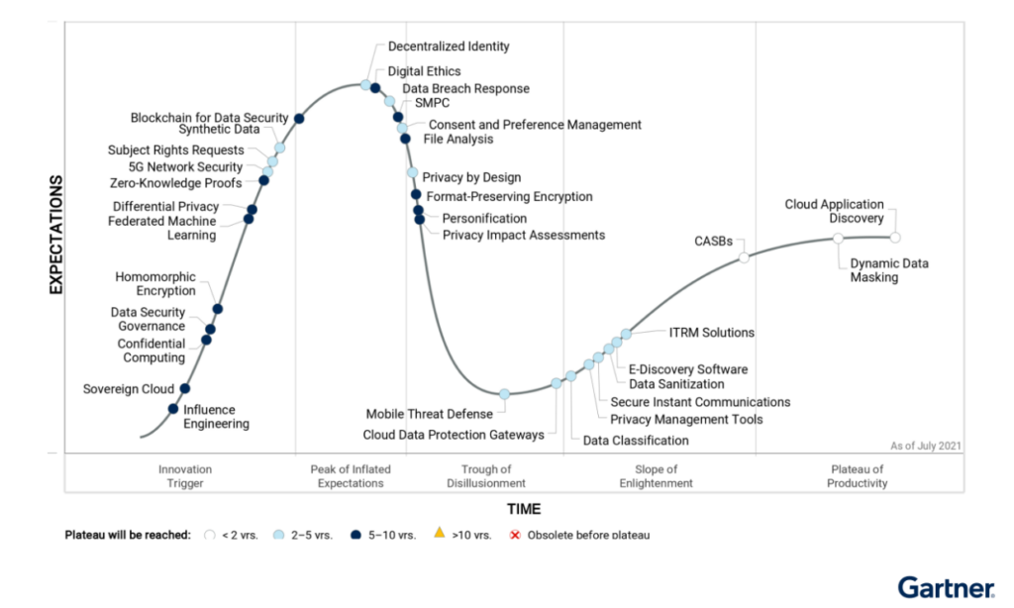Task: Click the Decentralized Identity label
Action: tap(449, 47)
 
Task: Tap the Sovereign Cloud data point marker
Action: tap(185, 389)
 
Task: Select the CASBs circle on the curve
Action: tap(744, 258)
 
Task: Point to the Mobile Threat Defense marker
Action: tap(504, 394)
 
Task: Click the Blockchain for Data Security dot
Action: tap(299, 119)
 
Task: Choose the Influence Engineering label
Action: tap(216, 417)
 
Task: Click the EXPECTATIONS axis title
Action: tap(55, 235)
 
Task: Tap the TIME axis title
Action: tap(524, 509)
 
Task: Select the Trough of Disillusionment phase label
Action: tap(486, 476)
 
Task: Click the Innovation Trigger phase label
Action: tap(185, 476)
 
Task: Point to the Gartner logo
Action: tap(946, 589)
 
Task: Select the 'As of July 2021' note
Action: tap(925, 447)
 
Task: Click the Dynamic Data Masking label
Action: tap(889, 270)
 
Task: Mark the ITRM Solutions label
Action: tap(711, 333)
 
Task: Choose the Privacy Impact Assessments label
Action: tap(523, 235)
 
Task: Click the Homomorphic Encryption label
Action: tap(155, 284)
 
